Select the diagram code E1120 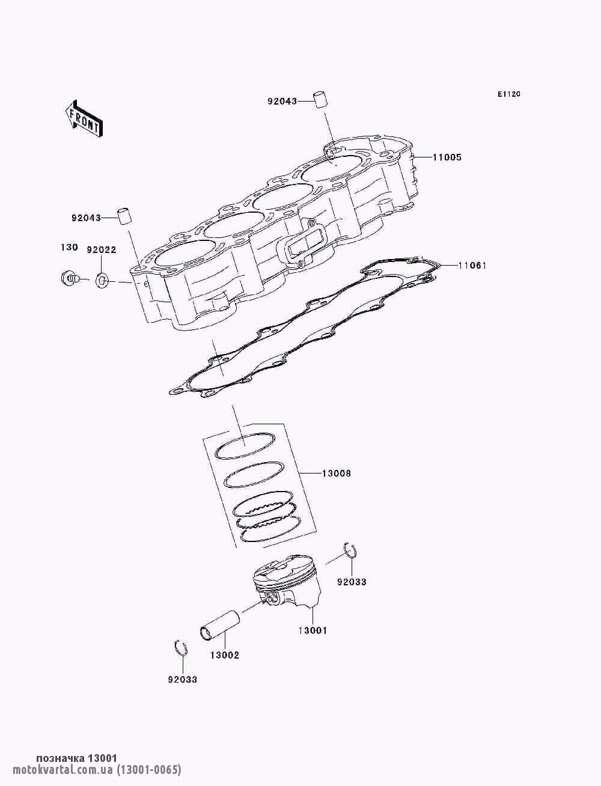pos(508,94)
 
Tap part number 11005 pos(447,157)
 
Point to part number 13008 pos(337,474)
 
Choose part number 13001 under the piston pos(313,630)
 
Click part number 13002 pos(224,655)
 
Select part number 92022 pos(101,249)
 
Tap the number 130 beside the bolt pos(69,248)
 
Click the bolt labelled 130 pos(70,278)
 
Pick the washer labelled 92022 pos(102,279)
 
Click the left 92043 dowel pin pos(124,216)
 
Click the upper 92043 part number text pos(282,102)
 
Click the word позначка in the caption pos(61,758)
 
